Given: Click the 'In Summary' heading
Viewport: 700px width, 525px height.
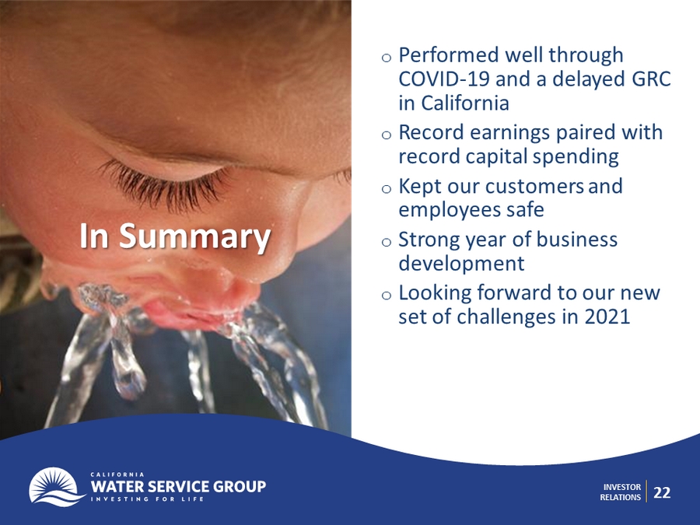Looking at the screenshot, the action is [x=175, y=236].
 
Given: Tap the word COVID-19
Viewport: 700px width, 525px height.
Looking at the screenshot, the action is [x=444, y=79].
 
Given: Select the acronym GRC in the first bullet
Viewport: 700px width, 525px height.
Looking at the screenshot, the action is [x=651, y=79].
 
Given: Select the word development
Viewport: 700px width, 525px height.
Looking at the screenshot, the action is [x=461, y=264].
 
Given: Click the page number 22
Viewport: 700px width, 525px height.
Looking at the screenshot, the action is [x=662, y=492].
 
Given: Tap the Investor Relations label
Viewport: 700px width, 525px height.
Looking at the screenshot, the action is [x=621, y=492].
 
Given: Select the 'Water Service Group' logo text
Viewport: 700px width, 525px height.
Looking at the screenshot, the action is [x=178, y=486].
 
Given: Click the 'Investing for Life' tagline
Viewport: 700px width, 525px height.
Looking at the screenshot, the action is [x=147, y=499].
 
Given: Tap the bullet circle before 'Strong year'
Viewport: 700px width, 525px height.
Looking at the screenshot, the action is [x=387, y=243].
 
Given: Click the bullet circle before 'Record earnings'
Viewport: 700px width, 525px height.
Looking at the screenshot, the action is [x=387, y=135].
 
